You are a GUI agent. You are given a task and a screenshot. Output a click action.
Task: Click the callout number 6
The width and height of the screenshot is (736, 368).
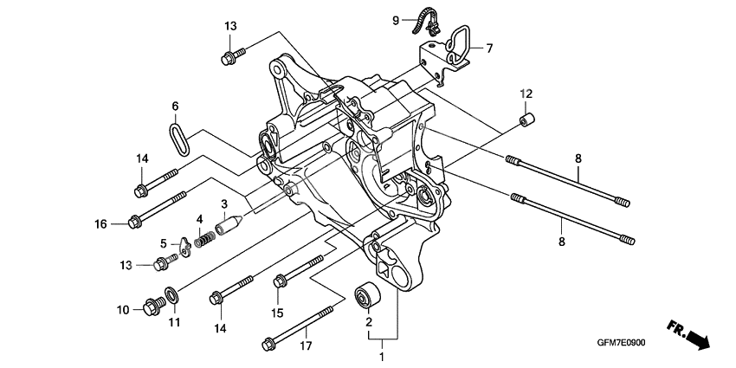(174, 106)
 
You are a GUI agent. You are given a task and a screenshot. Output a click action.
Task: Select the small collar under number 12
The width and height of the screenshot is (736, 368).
(525, 117)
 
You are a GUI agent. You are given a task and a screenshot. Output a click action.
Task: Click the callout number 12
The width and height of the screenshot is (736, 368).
(525, 93)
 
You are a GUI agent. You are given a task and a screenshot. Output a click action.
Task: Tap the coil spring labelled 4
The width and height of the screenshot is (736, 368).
(203, 236)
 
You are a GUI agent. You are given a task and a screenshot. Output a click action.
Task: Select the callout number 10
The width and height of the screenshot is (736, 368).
(124, 309)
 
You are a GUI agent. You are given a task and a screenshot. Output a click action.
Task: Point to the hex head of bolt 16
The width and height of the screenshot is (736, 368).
(134, 223)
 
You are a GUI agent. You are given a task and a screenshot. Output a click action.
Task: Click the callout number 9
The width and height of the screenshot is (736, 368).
(396, 20)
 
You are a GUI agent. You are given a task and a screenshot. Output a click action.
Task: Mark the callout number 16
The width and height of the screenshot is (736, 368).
(101, 224)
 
